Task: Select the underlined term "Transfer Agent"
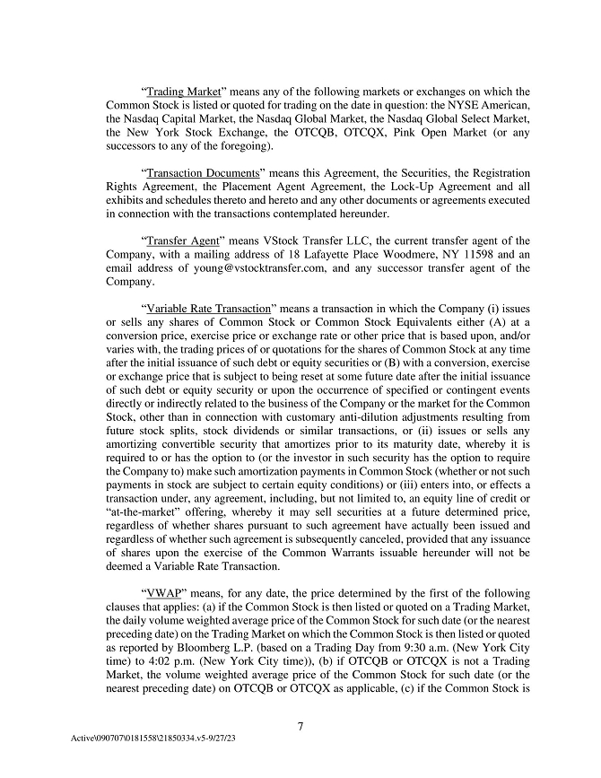click(x=184, y=240)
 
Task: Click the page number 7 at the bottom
click(x=300, y=726)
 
